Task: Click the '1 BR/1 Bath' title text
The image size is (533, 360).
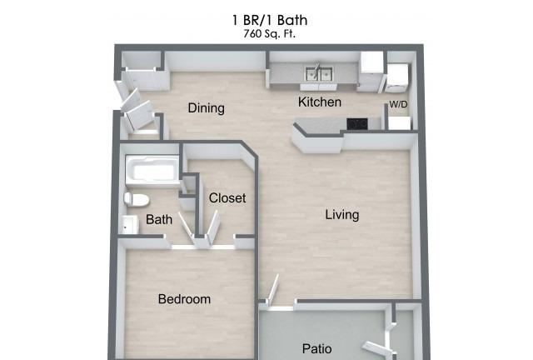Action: [x=270, y=20]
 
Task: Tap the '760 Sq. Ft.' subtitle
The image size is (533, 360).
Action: [x=270, y=34]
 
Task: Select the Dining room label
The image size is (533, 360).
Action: [x=207, y=108]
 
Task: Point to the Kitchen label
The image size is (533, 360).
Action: [x=320, y=102]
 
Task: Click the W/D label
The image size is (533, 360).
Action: [x=398, y=104]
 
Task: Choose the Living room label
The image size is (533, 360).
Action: [x=342, y=215]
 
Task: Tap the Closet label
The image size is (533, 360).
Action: [x=227, y=197]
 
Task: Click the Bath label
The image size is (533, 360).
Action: [x=159, y=219]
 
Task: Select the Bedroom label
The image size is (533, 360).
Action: [x=184, y=299]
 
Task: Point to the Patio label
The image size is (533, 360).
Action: [x=317, y=349]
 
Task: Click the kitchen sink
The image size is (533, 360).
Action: [x=319, y=74]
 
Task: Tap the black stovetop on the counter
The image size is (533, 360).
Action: [x=357, y=124]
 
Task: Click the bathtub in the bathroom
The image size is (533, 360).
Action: [x=152, y=171]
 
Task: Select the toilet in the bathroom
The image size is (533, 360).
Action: [x=137, y=200]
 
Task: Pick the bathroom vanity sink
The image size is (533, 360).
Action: [x=130, y=224]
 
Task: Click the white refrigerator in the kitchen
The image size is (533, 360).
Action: [x=371, y=72]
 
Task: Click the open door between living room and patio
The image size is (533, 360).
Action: [x=273, y=290]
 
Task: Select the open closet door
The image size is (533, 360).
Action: [x=213, y=227]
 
